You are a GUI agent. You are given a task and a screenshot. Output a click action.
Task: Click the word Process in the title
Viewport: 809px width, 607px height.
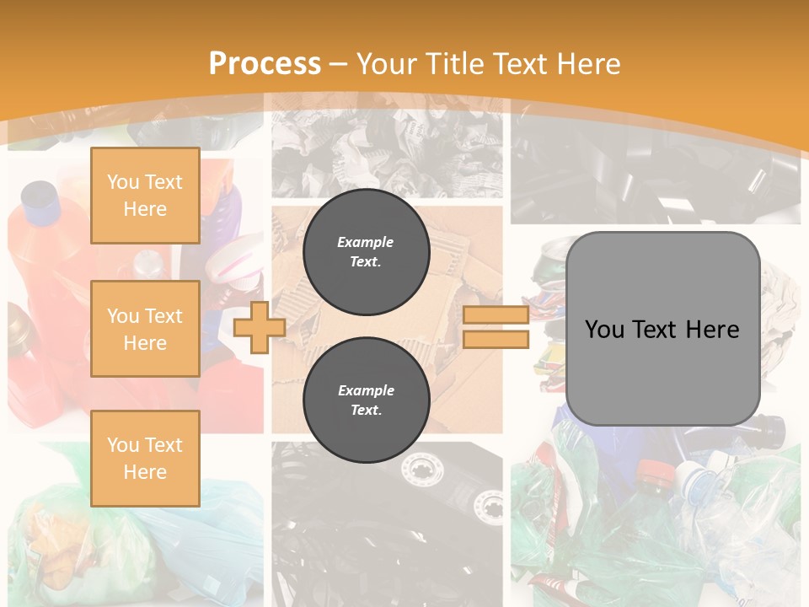tap(265, 64)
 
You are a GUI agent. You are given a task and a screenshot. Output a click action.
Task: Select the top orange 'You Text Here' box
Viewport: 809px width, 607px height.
tap(145, 196)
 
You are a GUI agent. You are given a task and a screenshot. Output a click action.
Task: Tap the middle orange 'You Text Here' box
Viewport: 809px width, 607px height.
tap(145, 329)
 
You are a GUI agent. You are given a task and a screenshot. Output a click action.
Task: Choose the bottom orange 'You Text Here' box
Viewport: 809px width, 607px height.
tap(145, 458)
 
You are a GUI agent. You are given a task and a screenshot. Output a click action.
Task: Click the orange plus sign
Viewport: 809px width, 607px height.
tap(259, 327)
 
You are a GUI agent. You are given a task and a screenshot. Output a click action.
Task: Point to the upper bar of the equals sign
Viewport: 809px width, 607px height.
tap(496, 315)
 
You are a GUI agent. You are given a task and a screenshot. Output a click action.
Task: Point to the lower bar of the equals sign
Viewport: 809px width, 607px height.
tap(496, 339)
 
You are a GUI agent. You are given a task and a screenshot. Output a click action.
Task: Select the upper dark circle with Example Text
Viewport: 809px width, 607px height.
tap(366, 251)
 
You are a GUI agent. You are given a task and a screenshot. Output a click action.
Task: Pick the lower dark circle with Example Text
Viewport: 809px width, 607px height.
tap(366, 400)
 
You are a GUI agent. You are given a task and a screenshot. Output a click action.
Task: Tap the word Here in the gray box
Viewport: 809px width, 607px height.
tap(712, 330)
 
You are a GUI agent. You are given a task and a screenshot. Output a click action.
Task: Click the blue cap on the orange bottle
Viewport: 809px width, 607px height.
tap(39, 196)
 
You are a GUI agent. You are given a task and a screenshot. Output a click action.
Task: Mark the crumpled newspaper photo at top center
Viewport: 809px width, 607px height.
tap(387, 148)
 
